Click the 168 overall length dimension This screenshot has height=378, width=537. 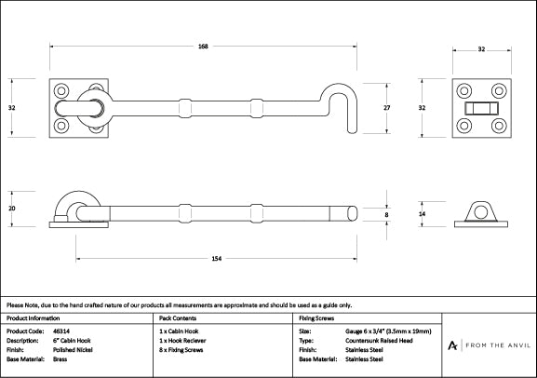[x=202, y=47]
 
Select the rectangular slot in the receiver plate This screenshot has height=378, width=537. [x=479, y=109]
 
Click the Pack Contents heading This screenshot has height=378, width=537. [x=178, y=317]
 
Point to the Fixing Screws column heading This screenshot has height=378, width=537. [x=315, y=317]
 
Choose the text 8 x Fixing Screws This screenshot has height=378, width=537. [x=181, y=349]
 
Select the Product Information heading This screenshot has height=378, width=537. [x=33, y=317]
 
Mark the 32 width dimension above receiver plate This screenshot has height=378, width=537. [x=480, y=47]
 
